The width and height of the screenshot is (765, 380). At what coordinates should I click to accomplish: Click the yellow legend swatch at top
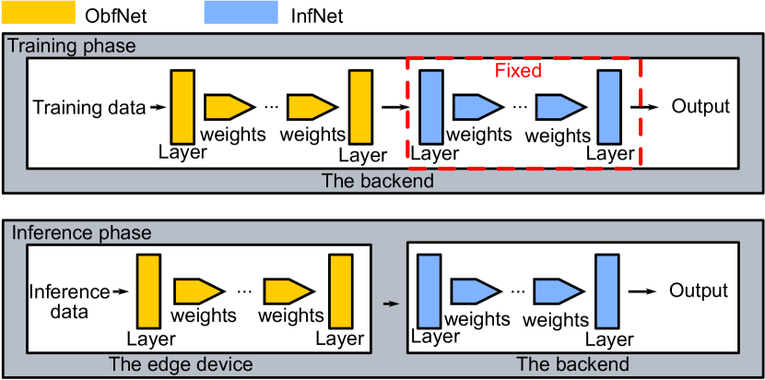[38, 12]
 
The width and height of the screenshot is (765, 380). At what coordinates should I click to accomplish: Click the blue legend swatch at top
[240, 12]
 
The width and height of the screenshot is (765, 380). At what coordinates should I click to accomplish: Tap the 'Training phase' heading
[72, 46]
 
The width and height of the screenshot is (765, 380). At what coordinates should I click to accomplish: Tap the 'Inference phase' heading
[80, 233]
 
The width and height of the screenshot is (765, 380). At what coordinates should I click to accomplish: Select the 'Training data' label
[89, 107]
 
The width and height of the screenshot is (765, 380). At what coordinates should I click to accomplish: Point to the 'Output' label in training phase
[700, 106]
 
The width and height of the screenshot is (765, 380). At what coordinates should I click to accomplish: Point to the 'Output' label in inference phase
[699, 291]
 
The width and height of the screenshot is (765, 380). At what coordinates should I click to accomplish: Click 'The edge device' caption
[181, 364]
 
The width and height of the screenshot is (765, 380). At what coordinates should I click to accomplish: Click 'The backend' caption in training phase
[377, 181]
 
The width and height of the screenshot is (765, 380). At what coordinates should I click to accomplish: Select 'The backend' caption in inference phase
[572, 364]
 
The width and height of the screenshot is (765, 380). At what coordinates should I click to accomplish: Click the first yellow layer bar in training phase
[182, 106]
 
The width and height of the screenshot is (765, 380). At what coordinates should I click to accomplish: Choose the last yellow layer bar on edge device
[340, 291]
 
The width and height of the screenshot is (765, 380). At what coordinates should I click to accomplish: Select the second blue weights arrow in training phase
[559, 107]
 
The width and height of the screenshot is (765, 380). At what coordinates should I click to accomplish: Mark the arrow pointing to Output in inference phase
[648, 291]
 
